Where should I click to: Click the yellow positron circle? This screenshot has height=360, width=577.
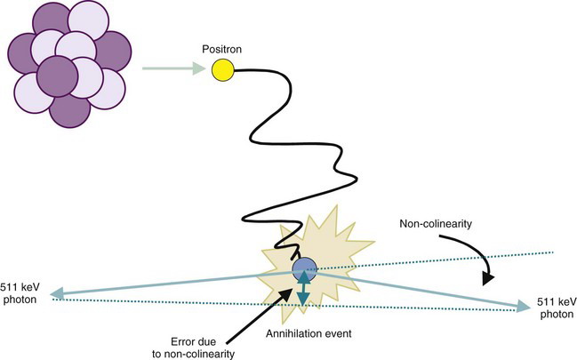(x=222, y=69)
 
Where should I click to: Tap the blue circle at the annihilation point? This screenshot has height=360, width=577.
(x=304, y=267)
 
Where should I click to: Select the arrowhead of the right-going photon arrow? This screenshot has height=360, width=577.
(x=520, y=308)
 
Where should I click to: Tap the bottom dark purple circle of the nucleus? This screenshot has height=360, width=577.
(x=69, y=108)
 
